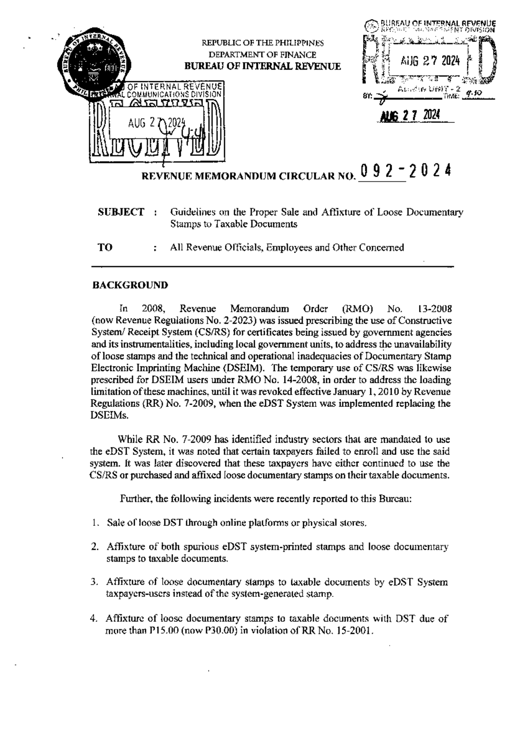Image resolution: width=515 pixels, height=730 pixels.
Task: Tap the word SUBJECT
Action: point(121,212)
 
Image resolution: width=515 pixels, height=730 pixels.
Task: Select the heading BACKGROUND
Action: point(130,285)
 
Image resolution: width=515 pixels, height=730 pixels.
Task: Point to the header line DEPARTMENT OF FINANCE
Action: point(262,55)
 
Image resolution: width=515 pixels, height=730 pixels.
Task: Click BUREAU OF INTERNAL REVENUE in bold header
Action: point(262,67)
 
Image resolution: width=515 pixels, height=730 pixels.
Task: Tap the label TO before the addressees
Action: point(105,247)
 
